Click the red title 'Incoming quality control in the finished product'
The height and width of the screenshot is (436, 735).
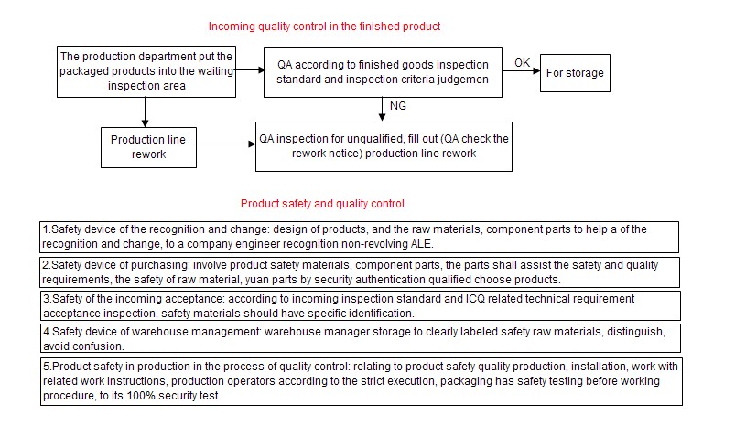coord(324,27)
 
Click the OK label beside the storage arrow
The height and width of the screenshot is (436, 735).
coord(522,63)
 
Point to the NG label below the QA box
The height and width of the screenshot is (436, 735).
coord(398,106)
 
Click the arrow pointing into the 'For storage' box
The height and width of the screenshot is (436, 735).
coord(521,71)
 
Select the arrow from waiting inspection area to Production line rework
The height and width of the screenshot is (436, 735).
coord(145,112)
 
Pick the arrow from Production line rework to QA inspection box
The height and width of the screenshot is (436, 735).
coord(226,144)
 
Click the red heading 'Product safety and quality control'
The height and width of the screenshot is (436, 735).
coord(322,204)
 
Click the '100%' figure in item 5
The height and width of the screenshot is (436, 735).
coord(141,396)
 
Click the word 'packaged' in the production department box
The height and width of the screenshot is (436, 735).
coord(80,71)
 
